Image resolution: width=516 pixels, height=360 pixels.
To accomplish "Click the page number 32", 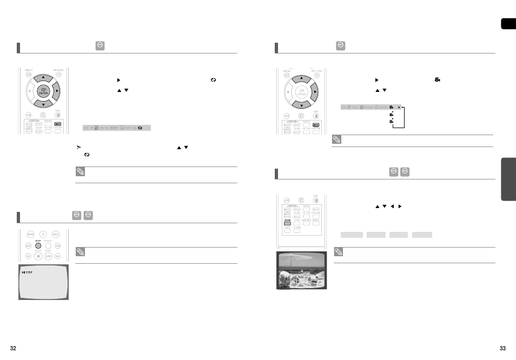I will tap(13, 348).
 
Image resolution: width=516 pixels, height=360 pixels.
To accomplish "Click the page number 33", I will tap(502, 348).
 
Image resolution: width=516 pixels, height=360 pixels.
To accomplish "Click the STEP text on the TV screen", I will tap(28, 272).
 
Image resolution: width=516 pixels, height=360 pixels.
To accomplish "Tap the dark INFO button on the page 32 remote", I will tap(58, 124).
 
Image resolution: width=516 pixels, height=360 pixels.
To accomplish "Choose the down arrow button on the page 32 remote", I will tap(43, 103).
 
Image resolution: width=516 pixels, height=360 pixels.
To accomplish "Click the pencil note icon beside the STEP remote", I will tap(81, 252).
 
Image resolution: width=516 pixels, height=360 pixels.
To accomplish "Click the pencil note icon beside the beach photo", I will tap(338, 252).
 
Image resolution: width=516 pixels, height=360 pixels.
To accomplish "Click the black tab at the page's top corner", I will tap(508, 24).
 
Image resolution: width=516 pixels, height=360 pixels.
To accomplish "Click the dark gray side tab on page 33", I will tap(508, 179).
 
